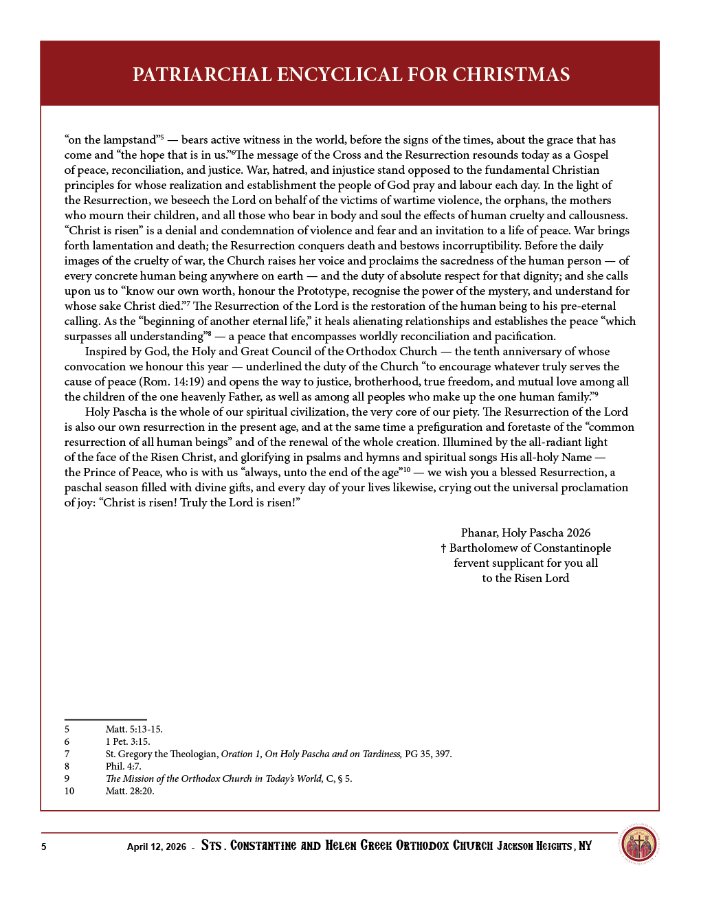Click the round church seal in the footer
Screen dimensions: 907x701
(x=638, y=844)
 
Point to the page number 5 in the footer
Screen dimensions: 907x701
(x=44, y=847)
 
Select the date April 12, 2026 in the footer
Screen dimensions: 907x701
(x=156, y=847)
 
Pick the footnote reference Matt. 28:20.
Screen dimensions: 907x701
(x=130, y=791)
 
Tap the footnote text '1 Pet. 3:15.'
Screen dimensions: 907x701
(x=128, y=741)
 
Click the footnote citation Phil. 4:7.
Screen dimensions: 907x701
(x=123, y=766)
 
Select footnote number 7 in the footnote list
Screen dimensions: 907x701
(x=67, y=754)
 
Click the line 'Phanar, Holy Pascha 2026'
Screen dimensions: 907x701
(x=526, y=533)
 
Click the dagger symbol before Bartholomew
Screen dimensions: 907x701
(x=443, y=548)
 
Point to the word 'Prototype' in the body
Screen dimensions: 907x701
(x=322, y=291)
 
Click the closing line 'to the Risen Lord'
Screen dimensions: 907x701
(x=526, y=578)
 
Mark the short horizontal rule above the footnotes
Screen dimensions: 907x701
(x=105, y=719)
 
